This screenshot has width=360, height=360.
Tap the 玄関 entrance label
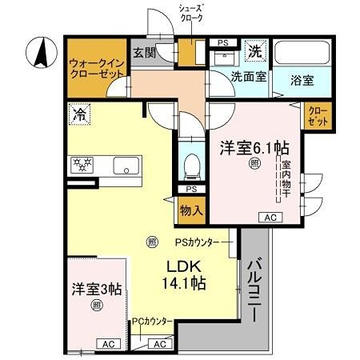144,53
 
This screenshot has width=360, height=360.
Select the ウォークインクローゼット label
96,66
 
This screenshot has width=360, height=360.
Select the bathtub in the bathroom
301,53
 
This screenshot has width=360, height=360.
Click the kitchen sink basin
126,166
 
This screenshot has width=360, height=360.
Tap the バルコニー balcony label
254,288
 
